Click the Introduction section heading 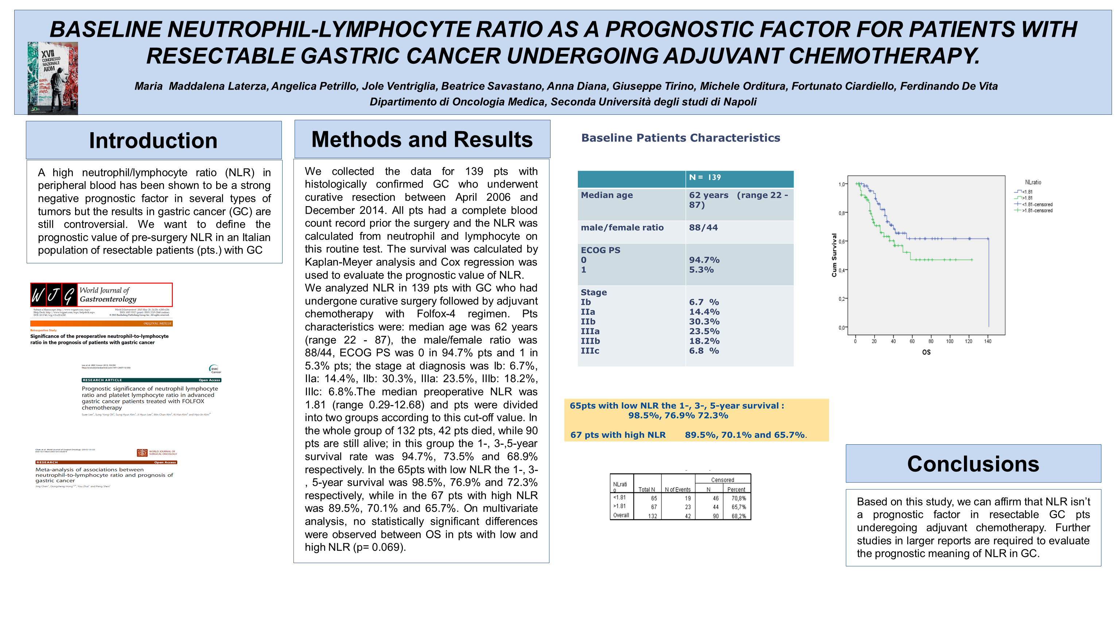point(153,141)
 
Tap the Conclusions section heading point(973,464)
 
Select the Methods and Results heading point(422,139)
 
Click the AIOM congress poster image point(52,78)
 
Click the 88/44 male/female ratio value point(703,228)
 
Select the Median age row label point(607,196)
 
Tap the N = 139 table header point(705,177)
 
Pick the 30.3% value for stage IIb point(704,322)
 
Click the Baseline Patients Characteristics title point(680,138)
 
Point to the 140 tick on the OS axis point(987,341)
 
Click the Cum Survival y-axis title point(834,255)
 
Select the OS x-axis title point(926,352)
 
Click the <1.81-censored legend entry point(1037,205)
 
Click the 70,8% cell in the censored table point(738,499)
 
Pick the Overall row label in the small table point(621,516)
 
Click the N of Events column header point(677,490)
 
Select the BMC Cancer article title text point(148,398)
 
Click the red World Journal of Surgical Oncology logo point(142,453)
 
